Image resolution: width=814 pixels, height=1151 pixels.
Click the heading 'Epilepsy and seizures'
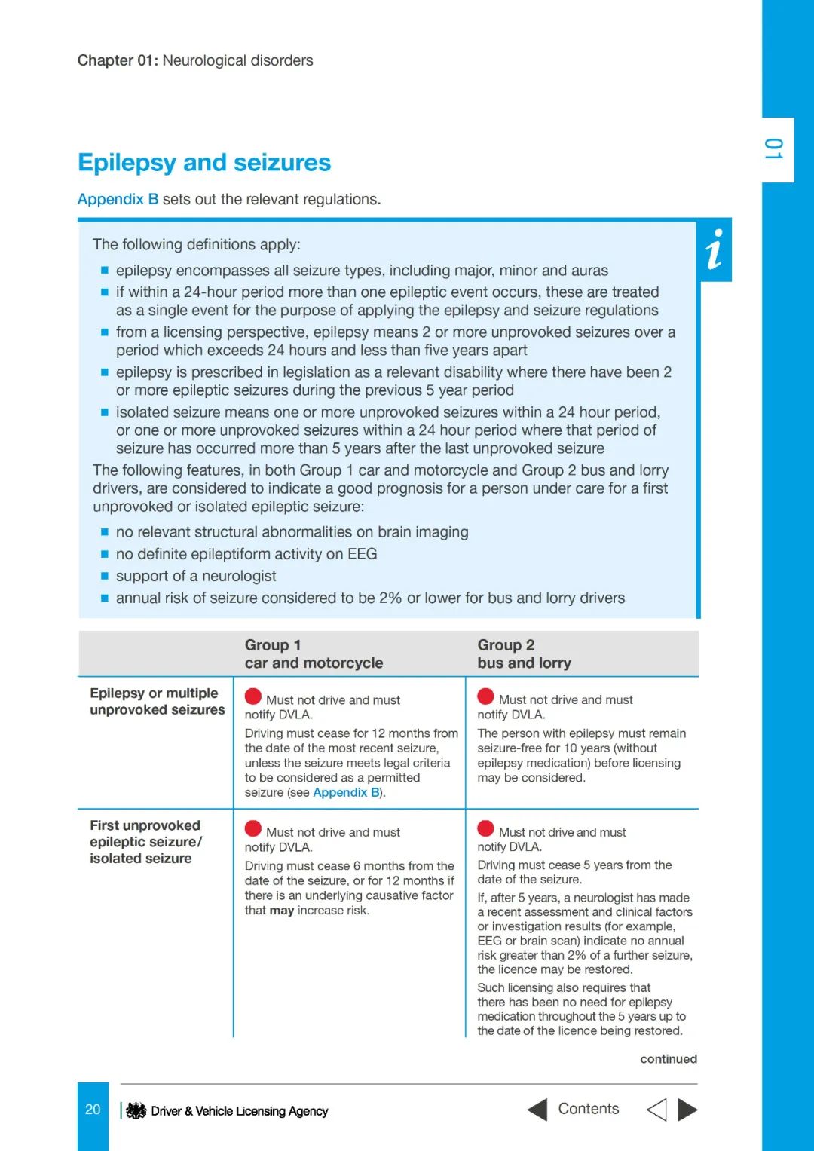click(204, 162)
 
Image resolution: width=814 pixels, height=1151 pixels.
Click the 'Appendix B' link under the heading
click(118, 199)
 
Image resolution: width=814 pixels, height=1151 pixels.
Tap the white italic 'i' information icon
click(715, 249)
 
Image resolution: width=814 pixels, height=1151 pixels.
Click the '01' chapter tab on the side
click(774, 149)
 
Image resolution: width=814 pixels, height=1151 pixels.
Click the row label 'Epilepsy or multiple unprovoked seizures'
click(157, 701)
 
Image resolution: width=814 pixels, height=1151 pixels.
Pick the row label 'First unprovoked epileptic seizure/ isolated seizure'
click(145, 841)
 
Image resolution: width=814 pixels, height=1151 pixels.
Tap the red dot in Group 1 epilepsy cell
click(253, 696)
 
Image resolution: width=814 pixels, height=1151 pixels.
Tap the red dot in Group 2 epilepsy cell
click(486, 696)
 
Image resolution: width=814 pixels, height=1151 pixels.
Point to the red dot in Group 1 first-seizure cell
click(253, 829)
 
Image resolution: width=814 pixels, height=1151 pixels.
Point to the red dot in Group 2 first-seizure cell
click(486, 829)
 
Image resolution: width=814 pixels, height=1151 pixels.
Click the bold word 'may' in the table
click(281, 911)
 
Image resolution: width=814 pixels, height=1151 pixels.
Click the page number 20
click(93, 1110)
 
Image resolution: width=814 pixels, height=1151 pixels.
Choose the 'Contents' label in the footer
click(588, 1109)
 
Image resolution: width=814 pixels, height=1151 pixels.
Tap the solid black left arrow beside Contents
click(537, 1110)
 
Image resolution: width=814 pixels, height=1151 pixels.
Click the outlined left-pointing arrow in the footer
click(656, 1110)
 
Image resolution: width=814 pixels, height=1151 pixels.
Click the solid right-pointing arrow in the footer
click(687, 1110)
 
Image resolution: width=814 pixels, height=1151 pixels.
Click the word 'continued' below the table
click(669, 1059)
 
